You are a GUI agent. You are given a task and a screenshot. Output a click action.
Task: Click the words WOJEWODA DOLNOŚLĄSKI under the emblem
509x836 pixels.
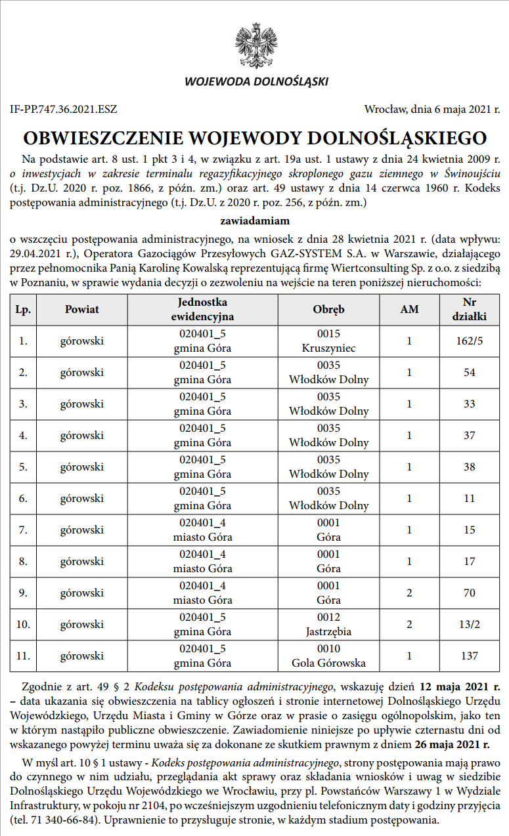(x=256, y=82)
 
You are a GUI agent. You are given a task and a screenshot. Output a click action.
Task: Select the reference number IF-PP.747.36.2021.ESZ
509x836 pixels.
(x=64, y=110)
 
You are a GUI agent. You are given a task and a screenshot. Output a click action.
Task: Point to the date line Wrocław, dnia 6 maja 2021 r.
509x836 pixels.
(x=432, y=110)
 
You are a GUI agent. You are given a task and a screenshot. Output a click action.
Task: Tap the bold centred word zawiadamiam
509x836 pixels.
(x=255, y=221)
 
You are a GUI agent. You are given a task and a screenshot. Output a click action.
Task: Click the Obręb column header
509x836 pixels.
(x=328, y=309)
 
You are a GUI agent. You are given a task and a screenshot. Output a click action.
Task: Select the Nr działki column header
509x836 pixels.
(x=469, y=309)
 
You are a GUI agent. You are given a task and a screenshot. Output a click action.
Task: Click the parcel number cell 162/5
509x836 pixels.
(x=469, y=341)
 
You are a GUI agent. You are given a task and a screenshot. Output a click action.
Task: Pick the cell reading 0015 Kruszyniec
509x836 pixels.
(x=328, y=341)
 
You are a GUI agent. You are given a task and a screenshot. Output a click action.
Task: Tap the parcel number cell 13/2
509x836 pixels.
(x=469, y=624)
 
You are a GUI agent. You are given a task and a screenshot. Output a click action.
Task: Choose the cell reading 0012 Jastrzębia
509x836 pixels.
(x=328, y=624)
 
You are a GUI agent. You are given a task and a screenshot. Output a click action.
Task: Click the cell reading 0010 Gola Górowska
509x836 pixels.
(x=328, y=656)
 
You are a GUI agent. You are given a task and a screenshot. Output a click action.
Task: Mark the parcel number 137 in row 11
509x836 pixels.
(x=469, y=656)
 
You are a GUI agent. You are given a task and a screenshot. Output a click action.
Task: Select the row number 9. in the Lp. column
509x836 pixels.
(x=23, y=593)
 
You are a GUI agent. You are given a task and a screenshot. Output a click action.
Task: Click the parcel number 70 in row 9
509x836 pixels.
(x=469, y=593)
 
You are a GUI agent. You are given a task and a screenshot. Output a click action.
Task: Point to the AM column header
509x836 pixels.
(x=409, y=309)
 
